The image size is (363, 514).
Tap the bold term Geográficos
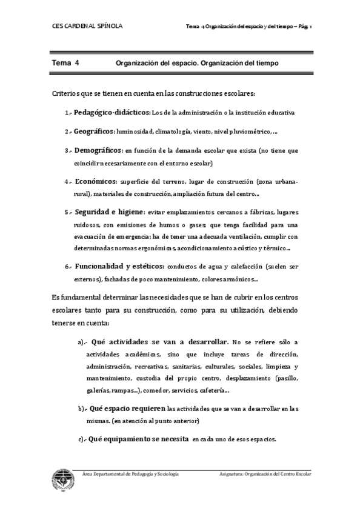[95, 131]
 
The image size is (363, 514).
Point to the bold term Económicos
[96, 181]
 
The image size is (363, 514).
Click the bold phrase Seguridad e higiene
[109, 212]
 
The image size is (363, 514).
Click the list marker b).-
[84, 409]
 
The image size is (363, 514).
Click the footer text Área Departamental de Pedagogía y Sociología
[130, 473]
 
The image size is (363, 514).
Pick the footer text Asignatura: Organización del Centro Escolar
[265, 473]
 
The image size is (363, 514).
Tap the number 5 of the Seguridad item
[67, 213]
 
